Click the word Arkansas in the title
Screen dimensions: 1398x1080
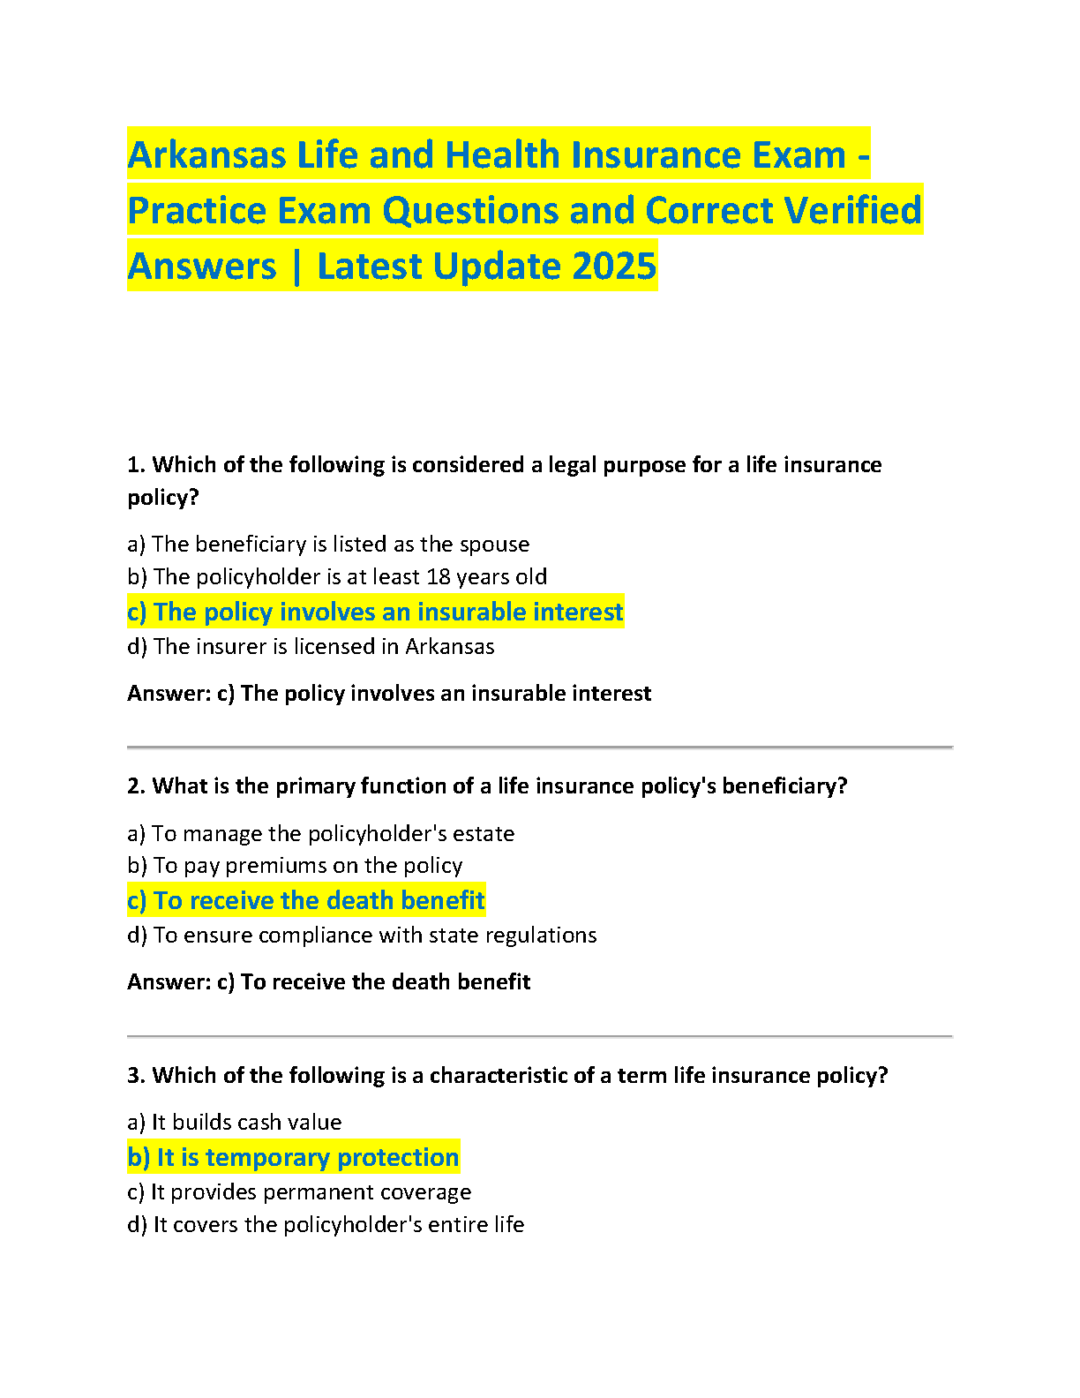[x=206, y=155]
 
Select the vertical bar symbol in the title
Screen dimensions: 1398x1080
[x=296, y=267]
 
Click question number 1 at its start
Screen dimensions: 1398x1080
[x=135, y=465]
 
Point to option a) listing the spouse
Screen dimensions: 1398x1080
[x=328, y=544]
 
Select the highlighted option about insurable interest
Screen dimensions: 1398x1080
[x=375, y=612]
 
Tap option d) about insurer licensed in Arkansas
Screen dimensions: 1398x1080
[x=311, y=646]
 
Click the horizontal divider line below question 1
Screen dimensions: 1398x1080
[x=539, y=748]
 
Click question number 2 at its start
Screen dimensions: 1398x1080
[x=135, y=786]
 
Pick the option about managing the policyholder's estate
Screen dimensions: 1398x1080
[x=320, y=833]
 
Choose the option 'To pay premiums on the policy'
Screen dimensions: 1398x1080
[x=295, y=865]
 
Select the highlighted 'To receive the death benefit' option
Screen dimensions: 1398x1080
[x=306, y=900]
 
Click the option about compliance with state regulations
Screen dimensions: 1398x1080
[x=362, y=935]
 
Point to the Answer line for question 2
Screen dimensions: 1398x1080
[x=328, y=981]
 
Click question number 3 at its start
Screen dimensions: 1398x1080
[x=135, y=1075]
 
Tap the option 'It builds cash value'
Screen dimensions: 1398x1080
[x=234, y=1122]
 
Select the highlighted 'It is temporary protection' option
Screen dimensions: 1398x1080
[x=293, y=1157]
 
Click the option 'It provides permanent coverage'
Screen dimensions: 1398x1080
[x=299, y=1191]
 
